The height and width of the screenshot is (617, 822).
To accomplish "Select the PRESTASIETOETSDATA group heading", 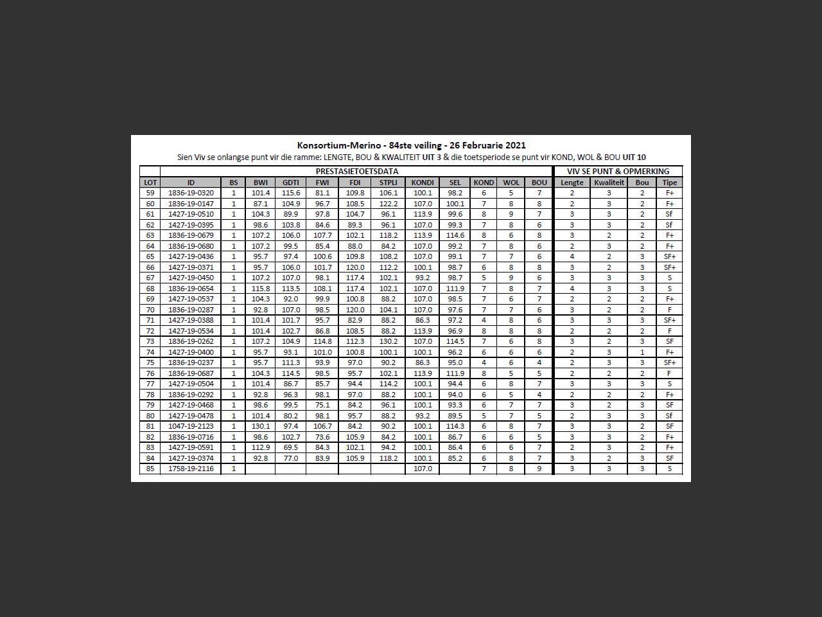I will (x=356, y=172).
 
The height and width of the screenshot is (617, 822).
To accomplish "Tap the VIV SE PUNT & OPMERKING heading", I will (x=618, y=172).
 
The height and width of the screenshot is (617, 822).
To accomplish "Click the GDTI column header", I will (x=290, y=183).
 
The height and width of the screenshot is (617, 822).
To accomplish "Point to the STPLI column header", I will (x=388, y=183).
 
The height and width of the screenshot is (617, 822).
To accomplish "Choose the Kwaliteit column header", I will (x=609, y=183).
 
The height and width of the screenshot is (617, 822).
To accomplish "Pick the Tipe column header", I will (x=669, y=183).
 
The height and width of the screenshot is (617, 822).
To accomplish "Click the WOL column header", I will (x=511, y=183).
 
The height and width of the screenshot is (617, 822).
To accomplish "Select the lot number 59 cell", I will (x=150, y=193).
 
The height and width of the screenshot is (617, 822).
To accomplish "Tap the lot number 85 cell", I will (x=150, y=469).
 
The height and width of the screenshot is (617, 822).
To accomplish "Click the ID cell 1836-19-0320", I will (x=191, y=193).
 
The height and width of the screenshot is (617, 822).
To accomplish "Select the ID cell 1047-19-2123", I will (x=191, y=426).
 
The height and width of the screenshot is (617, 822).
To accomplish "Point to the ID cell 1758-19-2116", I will (x=191, y=469).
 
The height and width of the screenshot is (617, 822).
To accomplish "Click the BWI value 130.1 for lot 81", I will (x=261, y=426).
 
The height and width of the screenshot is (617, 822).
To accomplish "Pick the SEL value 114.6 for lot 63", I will (x=455, y=235).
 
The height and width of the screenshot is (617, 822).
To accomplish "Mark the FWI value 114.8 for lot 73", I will (x=322, y=341).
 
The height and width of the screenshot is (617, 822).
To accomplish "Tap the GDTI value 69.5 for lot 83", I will (x=290, y=447).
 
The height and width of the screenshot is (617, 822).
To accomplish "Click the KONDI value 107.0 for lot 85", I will (x=423, y=469).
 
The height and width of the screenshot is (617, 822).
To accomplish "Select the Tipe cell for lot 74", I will (x=669, y=352).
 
